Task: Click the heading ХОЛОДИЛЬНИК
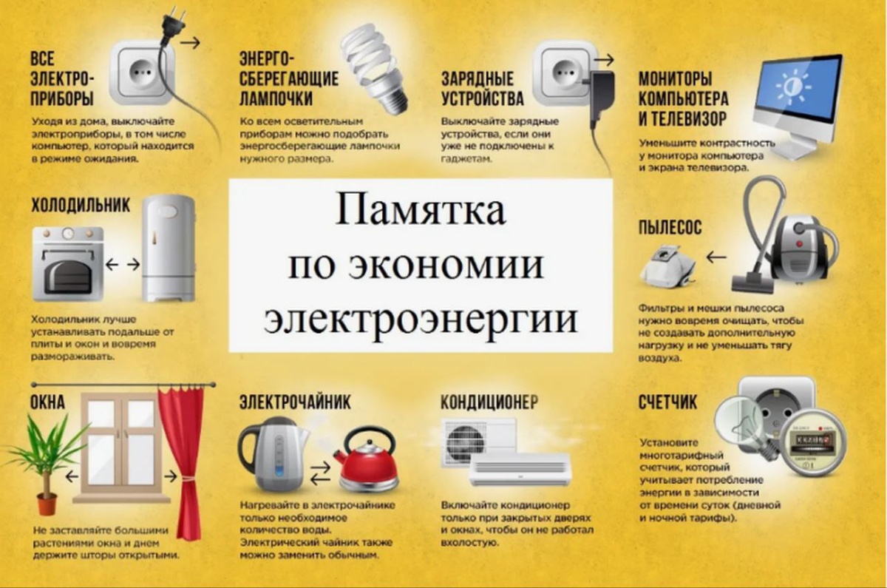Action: (x=81, y=205)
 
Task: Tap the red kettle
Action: (x=368, y=464)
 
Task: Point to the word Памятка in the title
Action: (x=421, y=210)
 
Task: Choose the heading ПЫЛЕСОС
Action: (x=670, y=227)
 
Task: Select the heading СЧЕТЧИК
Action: (x=667, y=404)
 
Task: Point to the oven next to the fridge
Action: (x=67, y=263)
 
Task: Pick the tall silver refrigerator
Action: (x=169, y=247)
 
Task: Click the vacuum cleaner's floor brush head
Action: (x=752, y=282)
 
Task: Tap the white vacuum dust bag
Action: (x=666, y=263)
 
